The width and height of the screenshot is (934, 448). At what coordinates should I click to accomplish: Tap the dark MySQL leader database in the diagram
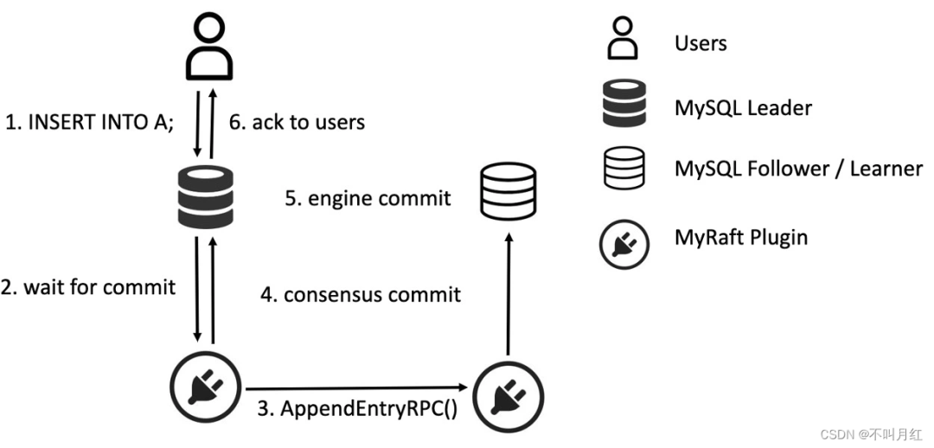[x=206, y=197]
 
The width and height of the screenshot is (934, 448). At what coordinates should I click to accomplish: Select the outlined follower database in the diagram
[x=509, y=191]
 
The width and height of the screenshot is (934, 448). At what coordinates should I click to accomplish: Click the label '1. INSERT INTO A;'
[x=90, y=122]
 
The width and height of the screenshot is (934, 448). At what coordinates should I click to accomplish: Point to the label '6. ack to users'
[x=297, y=122]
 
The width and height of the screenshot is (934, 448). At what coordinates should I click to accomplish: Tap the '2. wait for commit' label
[x=88, y=287]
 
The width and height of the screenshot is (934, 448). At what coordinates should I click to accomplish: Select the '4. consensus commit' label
[x=361, y=294]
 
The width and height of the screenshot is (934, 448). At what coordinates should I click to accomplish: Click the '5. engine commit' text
[x=368, y=198]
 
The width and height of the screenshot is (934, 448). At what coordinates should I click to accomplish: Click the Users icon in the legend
[x=623, y=37]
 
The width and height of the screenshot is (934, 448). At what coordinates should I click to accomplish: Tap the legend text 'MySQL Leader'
[x=743, y=108]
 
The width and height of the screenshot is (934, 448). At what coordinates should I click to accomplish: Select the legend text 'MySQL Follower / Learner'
[x=799, y=169]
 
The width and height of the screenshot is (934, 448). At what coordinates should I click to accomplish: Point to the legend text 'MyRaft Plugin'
[x=741, y=237]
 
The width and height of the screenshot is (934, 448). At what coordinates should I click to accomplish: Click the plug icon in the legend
[x=624, y=244]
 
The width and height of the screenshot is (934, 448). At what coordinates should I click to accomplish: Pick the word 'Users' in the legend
[x=700, y=43]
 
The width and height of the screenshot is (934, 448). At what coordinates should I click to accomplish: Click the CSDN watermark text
[x=871, y=435]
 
